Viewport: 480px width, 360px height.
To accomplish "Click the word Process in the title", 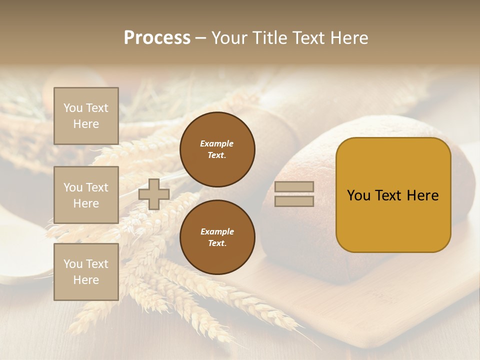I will point(157,38).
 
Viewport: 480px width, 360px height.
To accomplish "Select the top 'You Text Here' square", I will point(86,116).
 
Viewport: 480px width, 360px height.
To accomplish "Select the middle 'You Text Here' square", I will point(86,195).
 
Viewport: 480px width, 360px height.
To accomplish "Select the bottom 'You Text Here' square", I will point(86,271).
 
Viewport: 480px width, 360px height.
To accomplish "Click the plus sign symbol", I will point(154,194).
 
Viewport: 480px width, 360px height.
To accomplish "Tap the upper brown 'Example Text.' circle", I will point(217,149).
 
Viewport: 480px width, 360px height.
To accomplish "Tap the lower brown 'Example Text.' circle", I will point(217,237).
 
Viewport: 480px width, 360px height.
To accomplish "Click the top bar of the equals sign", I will point(294,186).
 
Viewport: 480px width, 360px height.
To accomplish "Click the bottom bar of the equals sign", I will point(294,201).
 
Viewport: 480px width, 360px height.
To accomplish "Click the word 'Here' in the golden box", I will point(422,195).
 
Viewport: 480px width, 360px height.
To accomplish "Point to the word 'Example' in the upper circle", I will point(216,143).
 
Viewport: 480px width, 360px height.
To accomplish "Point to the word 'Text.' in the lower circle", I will point(217,243).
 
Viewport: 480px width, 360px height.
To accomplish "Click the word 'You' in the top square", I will point(72,108).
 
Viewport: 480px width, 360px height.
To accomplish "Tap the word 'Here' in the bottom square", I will point(86,280).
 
